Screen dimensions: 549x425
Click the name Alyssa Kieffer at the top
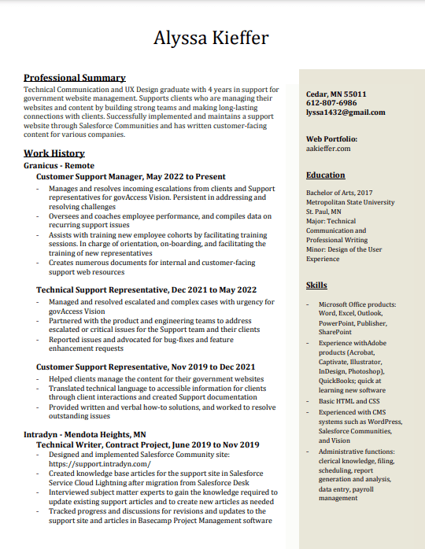pyautogui.click(x=211, y=38)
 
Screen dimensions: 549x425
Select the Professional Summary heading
pyautogui.click(x=75, y=78)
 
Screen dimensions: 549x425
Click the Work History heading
pyautogui.click(x=54, y=153)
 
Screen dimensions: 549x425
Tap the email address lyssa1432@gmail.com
pyautogui.click(x=346, y=112)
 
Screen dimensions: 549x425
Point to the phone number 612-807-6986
pyautogui.click(x=331, y=103)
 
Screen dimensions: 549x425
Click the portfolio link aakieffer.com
pyautogui.click(x=328, y=148)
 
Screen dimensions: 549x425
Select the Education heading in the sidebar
pyautogui.click(x=326, y=175)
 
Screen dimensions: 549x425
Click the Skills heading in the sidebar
pyautogui.click(x=316, y=286)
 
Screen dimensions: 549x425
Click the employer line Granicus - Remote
pyautogui.click(x=59, y=166)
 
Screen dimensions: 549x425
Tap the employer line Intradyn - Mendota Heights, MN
pyautogui.click(x=85, y=434)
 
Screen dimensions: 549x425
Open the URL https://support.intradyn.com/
pyautogui.click(x=100, y=464)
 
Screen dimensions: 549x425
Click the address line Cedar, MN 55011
pyautogui.click(x=336, y=94)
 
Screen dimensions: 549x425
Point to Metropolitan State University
pyautogui.click(x=350, y=202)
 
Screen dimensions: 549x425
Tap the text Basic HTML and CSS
pyautogui.click(x=349, y=401)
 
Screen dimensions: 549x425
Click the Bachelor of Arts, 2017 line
pyautogui.click(x=339, y=193)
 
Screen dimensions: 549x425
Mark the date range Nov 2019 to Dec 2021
pyautogui.click(x=212, y=367)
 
